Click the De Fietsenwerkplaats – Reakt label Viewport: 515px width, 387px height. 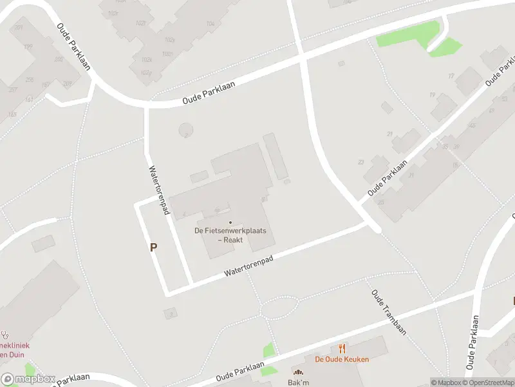coord(230,235)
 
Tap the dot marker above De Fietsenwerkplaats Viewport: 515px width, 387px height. coord(230,223)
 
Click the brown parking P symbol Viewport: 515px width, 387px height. coord(153,246)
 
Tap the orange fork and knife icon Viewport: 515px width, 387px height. coord(342,349)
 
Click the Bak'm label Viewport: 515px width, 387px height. coord(298,382)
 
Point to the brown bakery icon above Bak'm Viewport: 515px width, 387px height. coord(298,372)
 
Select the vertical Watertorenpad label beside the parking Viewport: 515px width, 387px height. coord(158,190)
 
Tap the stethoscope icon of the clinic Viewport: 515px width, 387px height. coord(5,335)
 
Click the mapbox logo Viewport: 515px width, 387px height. coord(28,379)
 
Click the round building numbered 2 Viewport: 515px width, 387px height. coord(185,130)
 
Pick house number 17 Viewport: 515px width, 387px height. coord(451,75)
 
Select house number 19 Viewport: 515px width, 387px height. coord(432,95)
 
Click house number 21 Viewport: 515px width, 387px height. coord(389,134)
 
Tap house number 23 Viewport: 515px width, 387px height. coord(361,161)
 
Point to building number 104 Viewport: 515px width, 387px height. coord(210,24)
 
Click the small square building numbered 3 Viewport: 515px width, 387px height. coord(171,313)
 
